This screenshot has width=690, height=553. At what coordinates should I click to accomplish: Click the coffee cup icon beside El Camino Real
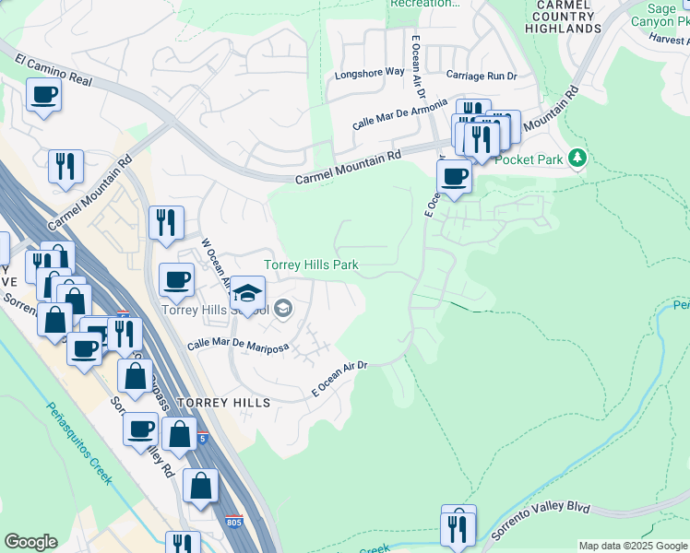(43, 94)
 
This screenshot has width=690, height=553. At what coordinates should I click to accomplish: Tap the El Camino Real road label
(54, 70)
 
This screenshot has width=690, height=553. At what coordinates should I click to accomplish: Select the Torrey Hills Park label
(311, 265)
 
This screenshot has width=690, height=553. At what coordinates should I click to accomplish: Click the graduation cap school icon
(247, 293)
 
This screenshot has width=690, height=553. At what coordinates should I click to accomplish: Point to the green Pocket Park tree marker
(577, 159)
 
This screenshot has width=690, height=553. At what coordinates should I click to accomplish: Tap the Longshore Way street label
(369, 72)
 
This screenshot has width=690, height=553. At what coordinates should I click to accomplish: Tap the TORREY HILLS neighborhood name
(224, 403)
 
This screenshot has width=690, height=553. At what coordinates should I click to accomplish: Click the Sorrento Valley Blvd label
(539, 520)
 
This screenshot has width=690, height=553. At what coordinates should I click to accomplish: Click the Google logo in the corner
(30, 542)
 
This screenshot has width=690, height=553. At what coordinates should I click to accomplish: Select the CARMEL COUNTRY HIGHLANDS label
(563, 17)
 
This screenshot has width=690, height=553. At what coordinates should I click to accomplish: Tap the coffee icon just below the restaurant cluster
(454, 176)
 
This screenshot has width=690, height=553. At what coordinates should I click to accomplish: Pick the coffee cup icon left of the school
(176, 279)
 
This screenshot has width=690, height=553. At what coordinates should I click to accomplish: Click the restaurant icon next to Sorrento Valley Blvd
(458, 527)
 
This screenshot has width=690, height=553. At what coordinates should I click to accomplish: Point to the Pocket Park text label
(529, 159)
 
